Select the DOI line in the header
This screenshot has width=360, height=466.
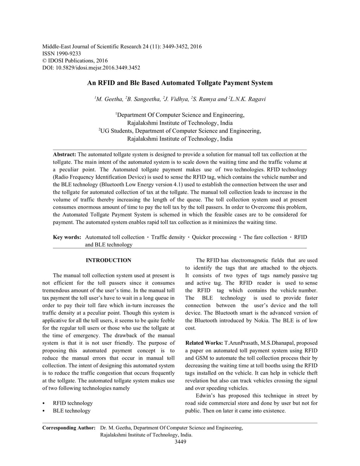[x=91, y=68]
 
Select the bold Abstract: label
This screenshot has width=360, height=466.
[x=64, y=155]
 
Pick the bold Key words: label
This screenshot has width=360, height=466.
[x=67, y=237]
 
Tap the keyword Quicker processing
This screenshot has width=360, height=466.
[x=214, y=237]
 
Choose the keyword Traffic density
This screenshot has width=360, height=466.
[x=168, y=237]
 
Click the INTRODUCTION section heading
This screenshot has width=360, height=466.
[x=108, y=260]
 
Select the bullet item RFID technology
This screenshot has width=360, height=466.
[x=73, y=403]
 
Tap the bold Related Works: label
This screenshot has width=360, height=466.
[x=204, y=343]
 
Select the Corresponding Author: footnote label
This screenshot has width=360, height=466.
[x=69, y=428]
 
